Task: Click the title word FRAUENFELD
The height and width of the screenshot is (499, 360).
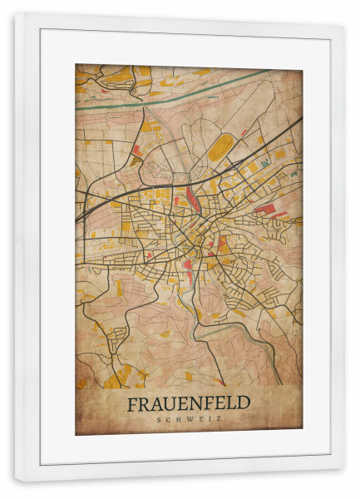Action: [189, 403]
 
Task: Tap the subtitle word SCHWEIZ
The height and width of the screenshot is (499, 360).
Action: [189, 420]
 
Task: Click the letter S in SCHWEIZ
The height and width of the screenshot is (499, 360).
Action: [158, 420]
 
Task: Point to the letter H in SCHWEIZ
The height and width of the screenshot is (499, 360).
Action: [177, 420]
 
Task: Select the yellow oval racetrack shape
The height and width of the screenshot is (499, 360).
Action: [219, 150]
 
